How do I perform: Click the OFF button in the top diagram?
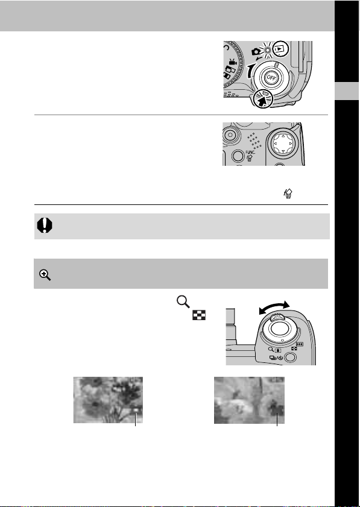pyautogui.click(x=270, y=78)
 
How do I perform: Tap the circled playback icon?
pyautogui.click(x=279, y=49)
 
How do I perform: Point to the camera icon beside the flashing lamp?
pyautogui.click(x=256, y=51)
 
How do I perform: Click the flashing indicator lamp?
pyautogui.click(x=267, y=50)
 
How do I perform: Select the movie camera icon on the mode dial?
pyautogui.click(x=233, y=61)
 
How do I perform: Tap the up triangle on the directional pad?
pyautogui.click(x=283, y=136)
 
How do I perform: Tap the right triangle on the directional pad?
pyautogui.click(x=291, y=143)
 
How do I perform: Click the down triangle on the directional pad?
pyautogui.click(x=283, y=151)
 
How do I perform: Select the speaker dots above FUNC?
pyautogui.click(x=254, y=141)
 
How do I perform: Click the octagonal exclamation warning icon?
pyautogui.click(x=45, y=225)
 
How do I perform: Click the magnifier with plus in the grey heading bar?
pyautogui.click(x=45, y=275)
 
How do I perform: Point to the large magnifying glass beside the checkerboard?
pyautogui.click(x=183, y=301)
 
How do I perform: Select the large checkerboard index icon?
pyautogui.click(x=199, y=315)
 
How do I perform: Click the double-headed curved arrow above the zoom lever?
pyautogui.click(x=274, y=306)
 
